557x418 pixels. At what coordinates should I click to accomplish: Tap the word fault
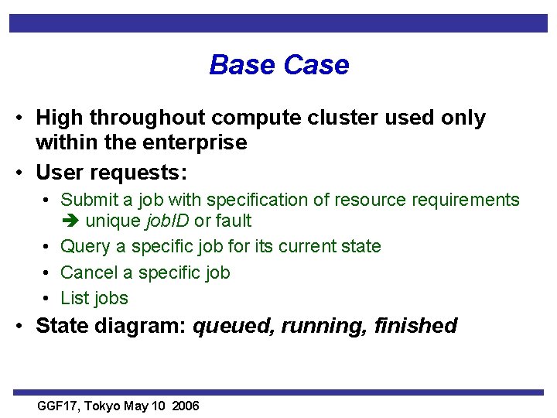(233, 221)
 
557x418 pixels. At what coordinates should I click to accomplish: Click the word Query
(84, 247)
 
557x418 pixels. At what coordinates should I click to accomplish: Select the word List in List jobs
(75, 298)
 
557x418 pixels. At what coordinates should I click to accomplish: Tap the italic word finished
(415, 326)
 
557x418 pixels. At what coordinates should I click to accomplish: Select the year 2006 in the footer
(186, 406)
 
